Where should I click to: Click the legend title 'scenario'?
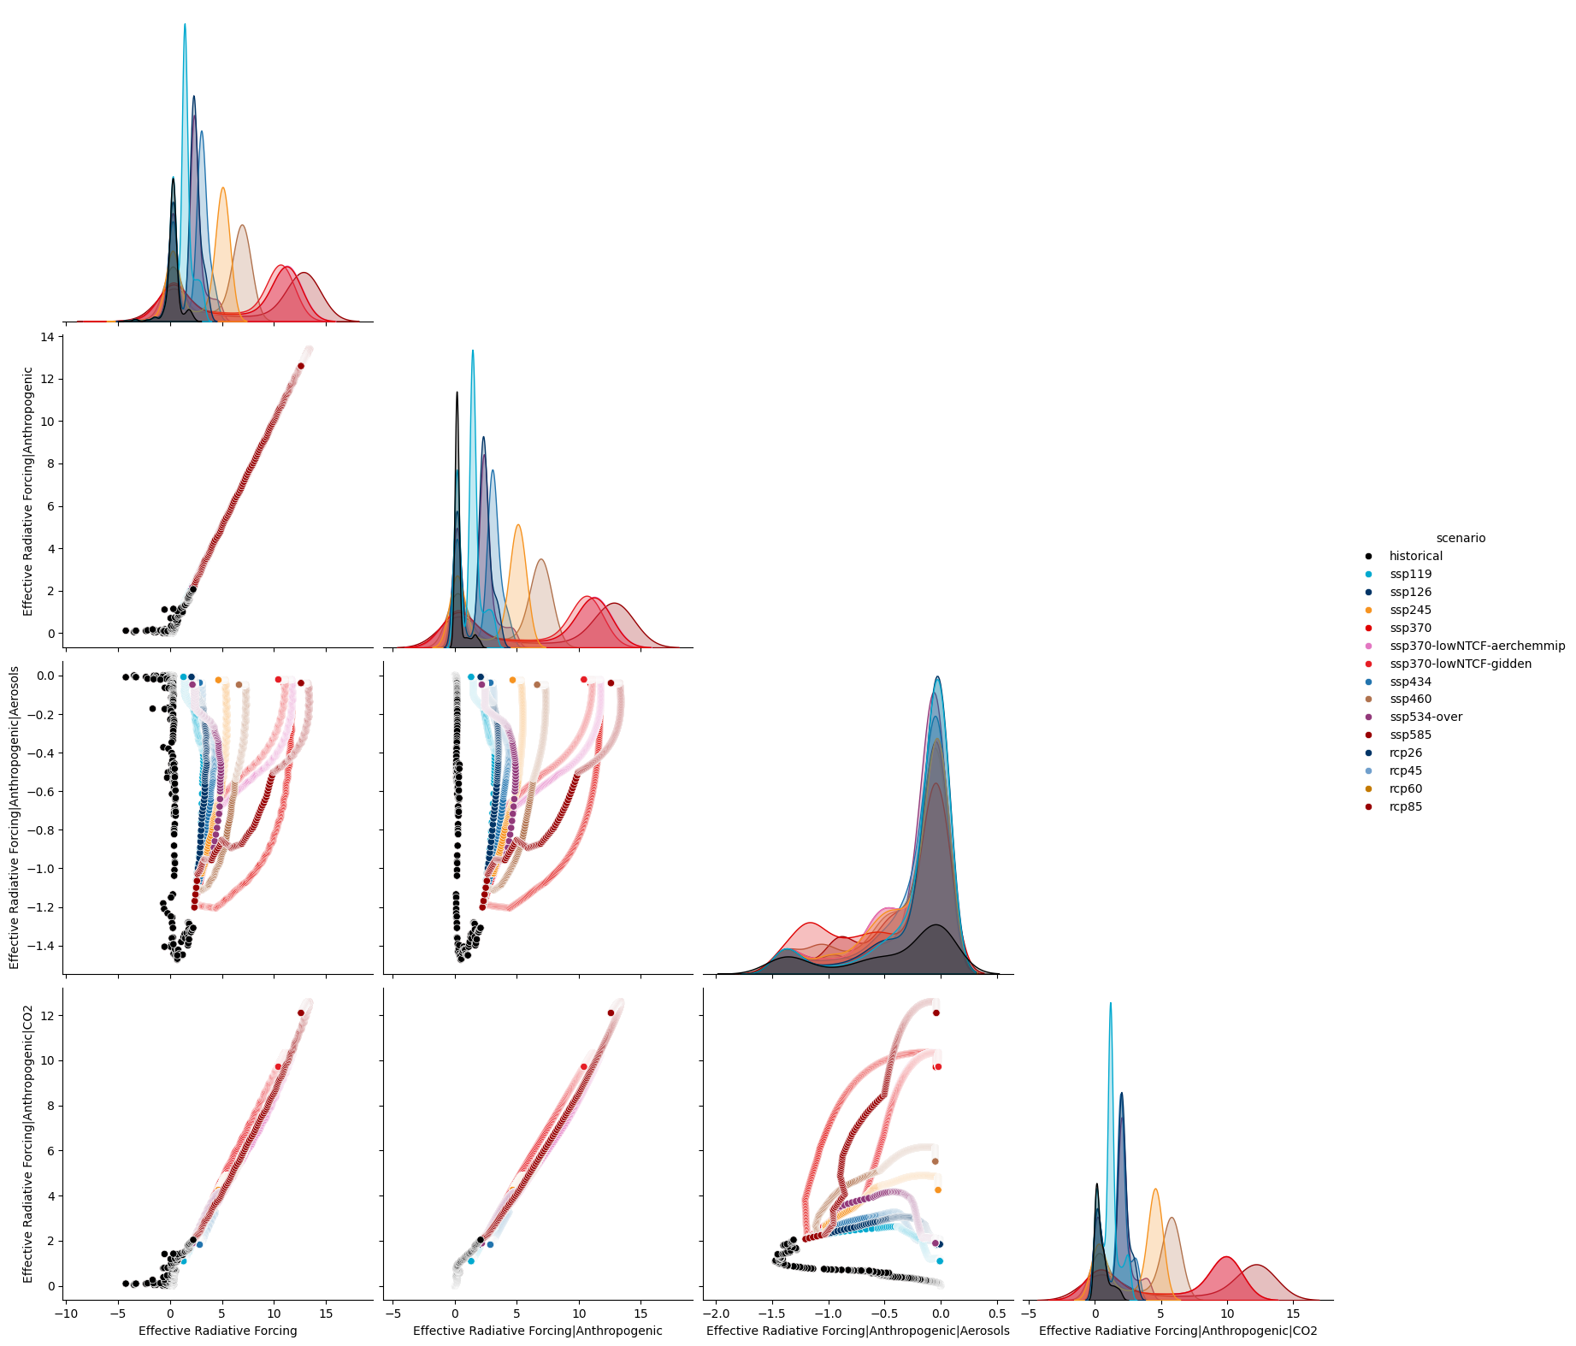(x=1461, y=538)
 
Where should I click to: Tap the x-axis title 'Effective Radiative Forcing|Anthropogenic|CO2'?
(x=1178, y=1331)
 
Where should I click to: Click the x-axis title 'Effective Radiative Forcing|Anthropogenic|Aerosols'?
(x=858, y=1331)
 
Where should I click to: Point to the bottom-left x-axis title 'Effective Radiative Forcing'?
(x=218, y=1331)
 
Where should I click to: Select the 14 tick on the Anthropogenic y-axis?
(x=47, y=337)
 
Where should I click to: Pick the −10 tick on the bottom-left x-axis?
(x=65, y=1314)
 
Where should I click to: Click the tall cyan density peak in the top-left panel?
(x=185, y=25)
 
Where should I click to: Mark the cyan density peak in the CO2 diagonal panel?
(x=1111, y=1004)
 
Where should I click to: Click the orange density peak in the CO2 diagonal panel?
(x=1155, y=1190)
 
